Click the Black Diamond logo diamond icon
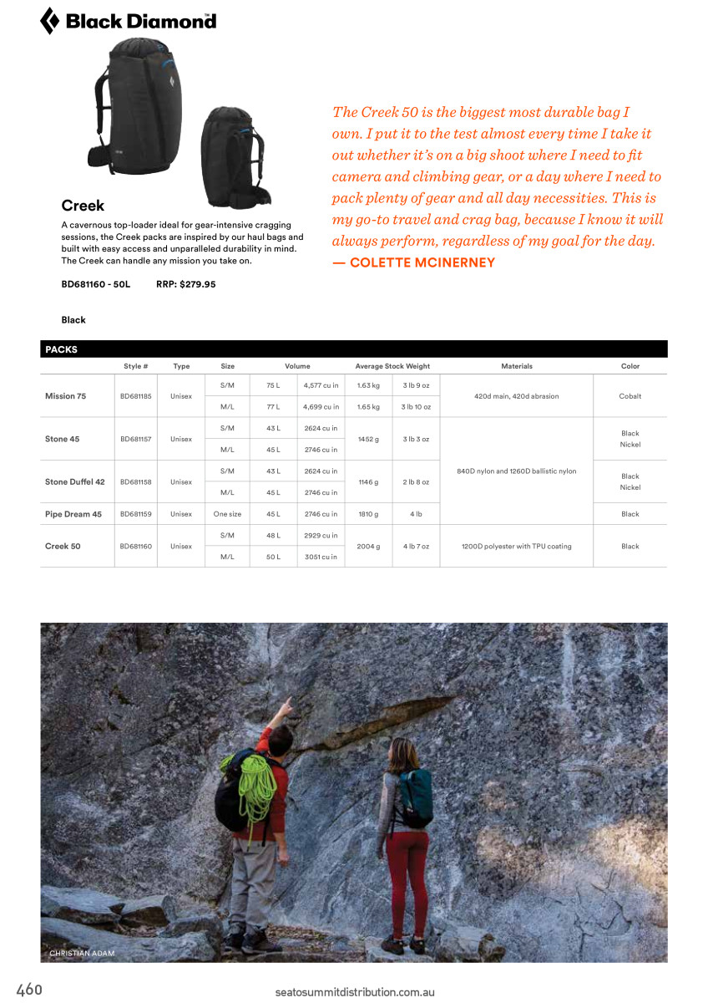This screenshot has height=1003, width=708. pyautogui.click(x=49, y=21)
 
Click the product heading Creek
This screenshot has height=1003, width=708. pyautogui.click(x=83, y=206)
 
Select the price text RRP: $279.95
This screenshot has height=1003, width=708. pyautogui.click(x=185, y=284)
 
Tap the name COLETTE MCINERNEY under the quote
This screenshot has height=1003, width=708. pyautogui.click(x=422, y=262)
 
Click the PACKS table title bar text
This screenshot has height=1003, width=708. pyautogui.click(x=61, y=349)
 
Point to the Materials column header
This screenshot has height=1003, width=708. pyautogui.click(x=516, y=366)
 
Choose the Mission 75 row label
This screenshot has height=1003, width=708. pyautogui.click(x=65, y=396)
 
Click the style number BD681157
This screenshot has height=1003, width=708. pyautogui.click(x=135, y=439)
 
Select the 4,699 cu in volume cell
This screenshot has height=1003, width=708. pyautogui.click(x=321, y=407)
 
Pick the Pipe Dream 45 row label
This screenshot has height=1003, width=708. pyautogui.click(x=73, y=514)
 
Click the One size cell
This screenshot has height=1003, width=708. pyautogui.click(x=227, y=514)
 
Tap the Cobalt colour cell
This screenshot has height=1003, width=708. pyautogui.click(x=630, y=396)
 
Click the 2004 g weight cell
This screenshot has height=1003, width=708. pyautogui.click(x=368, y=546)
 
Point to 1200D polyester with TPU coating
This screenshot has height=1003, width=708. pyautogui.click(x=516, y=546)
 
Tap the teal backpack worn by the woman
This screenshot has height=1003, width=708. pyautogui.click(x=414, y=798)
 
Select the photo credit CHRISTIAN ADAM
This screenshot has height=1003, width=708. pyautogui.click(x=82, y=953)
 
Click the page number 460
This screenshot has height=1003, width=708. pyautogui.click(x=29, y=990)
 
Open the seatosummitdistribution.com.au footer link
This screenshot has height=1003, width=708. pyautogui.click(x=355, y=992)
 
